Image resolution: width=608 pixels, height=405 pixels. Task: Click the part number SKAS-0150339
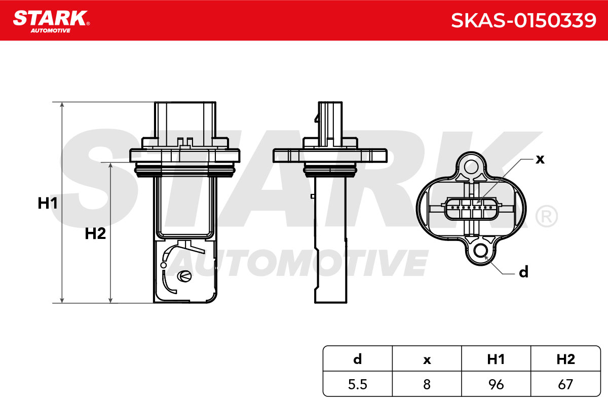point(523,20)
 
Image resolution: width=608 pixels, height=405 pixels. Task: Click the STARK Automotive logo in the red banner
point(52,22)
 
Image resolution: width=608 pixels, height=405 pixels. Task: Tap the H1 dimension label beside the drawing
point(48,203)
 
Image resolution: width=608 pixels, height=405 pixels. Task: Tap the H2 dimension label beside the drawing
point(95,233)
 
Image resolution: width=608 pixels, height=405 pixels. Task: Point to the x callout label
point(540,159)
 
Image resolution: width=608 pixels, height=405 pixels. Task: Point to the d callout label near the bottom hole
point(523,272)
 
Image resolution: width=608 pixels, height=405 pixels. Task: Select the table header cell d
point(358,359)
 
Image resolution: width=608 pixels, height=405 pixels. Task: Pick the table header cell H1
point(496,359)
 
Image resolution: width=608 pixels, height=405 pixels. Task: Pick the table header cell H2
point(565,359)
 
